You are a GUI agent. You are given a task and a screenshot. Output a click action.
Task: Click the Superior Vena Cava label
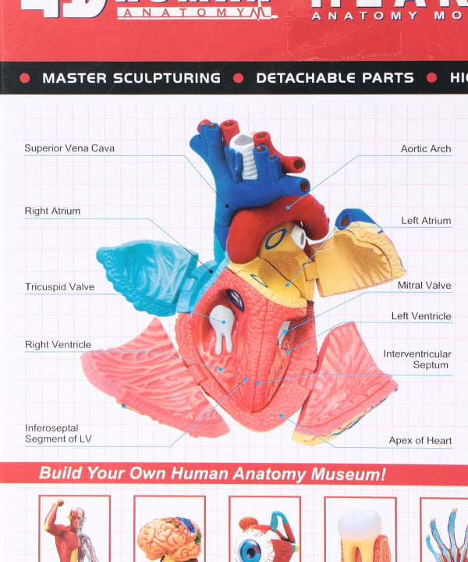pos(69,148)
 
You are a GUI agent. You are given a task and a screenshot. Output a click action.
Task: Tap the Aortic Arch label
pos(425,149)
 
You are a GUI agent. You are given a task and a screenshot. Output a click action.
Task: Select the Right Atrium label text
pos(52,212)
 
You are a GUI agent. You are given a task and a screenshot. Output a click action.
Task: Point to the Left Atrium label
pos(426,221)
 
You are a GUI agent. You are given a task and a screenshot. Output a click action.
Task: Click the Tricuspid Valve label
pos(59,287)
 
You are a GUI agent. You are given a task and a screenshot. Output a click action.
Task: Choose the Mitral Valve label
pos(424,286)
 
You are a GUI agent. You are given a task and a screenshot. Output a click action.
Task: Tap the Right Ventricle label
pos(58,345)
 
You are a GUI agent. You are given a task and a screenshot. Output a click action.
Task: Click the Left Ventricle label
pos(421,316)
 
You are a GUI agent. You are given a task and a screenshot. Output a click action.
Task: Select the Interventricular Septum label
pos(417,359)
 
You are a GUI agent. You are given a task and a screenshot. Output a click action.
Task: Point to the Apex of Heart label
pos(420,441)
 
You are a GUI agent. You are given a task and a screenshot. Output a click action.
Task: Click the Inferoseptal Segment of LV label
pos(58,433)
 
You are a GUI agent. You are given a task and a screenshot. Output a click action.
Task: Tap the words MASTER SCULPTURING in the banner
pos(131,78)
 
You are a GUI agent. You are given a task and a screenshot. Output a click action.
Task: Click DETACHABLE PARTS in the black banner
pos(335,78)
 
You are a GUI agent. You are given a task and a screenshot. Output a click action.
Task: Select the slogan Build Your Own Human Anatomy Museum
pos(212,474)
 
